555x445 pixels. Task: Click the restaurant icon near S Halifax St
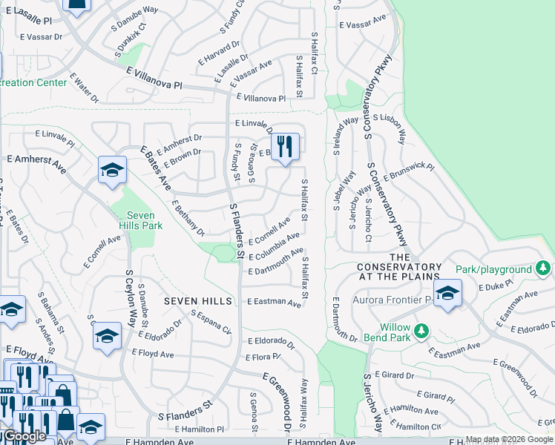285,146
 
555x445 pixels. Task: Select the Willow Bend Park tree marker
422,330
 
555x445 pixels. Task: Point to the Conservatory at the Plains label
399,271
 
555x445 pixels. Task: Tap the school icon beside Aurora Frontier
447,293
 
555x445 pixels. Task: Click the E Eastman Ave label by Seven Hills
274,303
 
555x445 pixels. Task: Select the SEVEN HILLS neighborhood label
198,301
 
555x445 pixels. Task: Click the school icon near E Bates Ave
111,171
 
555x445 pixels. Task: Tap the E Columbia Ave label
274,246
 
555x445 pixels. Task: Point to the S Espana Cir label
211,323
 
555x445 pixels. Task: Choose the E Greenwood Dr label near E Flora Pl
275,401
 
